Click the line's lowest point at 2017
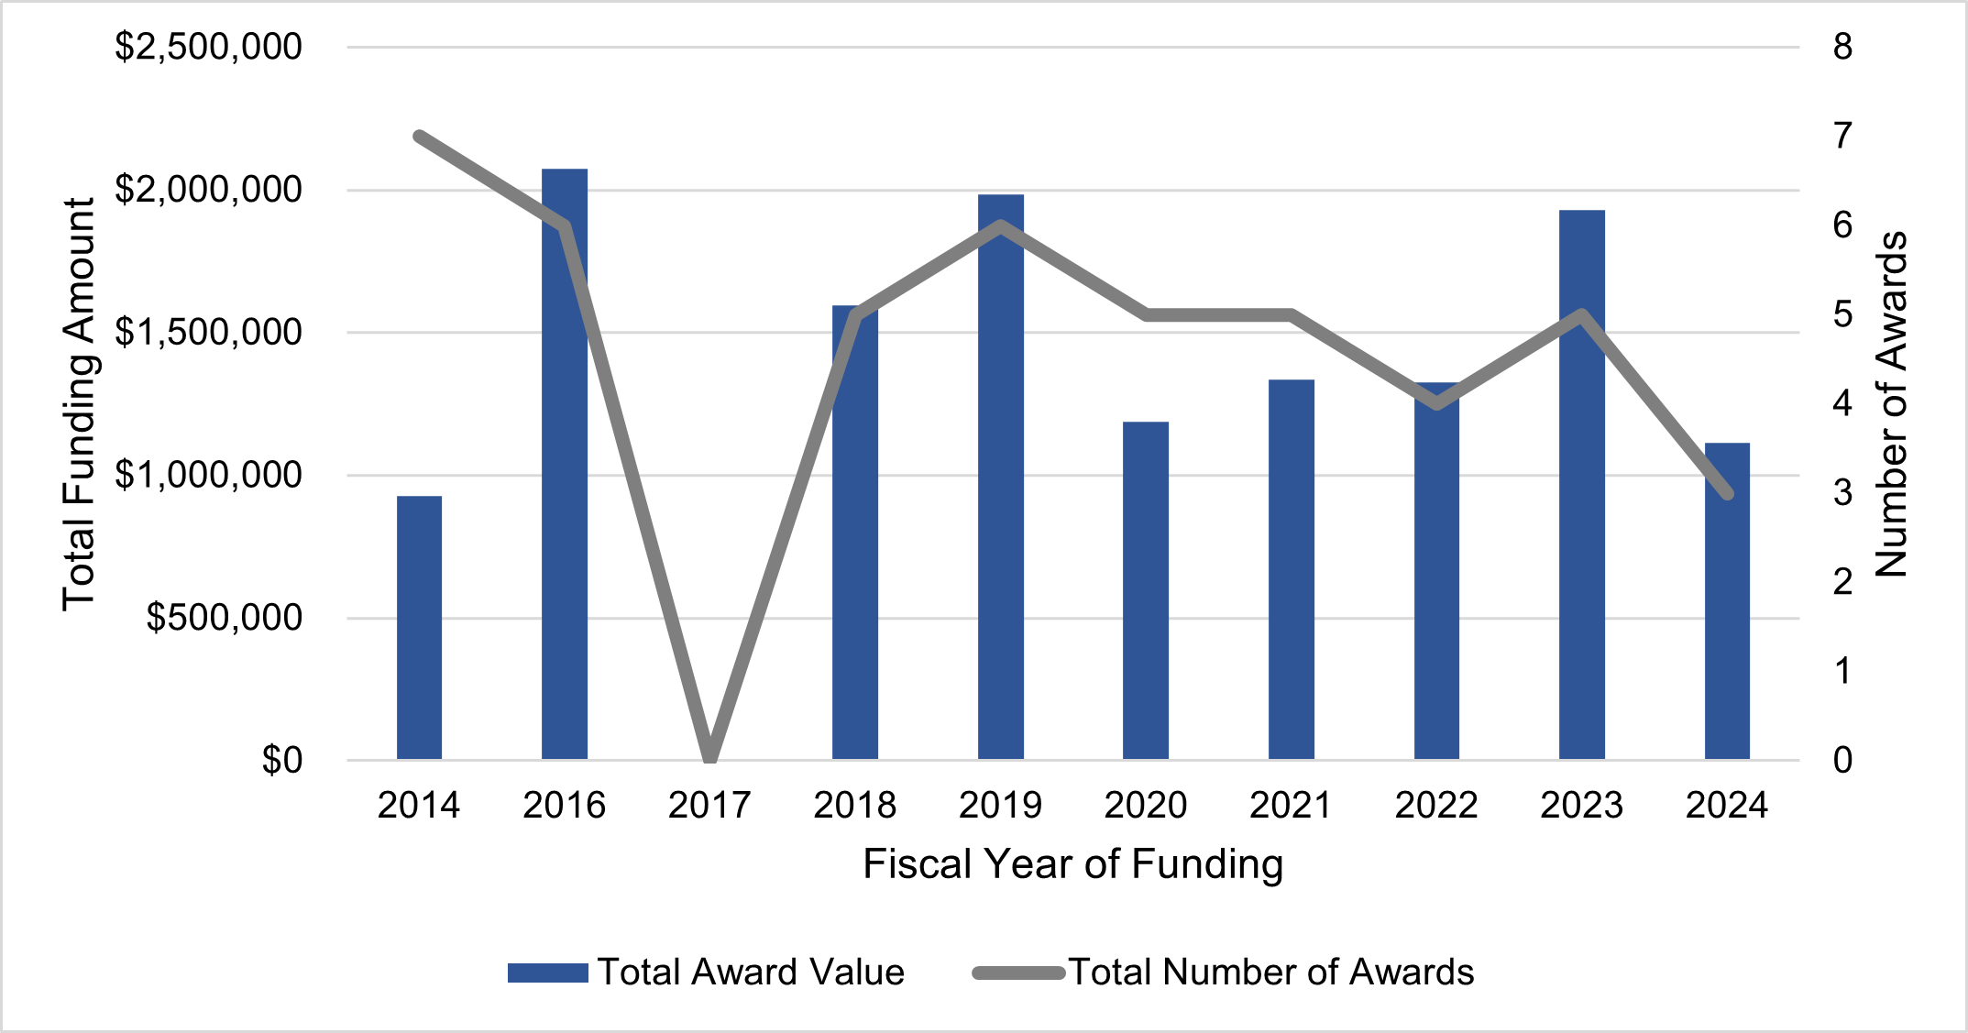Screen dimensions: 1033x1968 point(709,758)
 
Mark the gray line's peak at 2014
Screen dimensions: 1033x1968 point(419,137)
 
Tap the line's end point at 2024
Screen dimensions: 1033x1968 point(1728,493)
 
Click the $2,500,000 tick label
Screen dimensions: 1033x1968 point(208,47)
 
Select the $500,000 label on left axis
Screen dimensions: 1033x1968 point(224,618)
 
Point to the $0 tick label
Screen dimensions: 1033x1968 point(281,760)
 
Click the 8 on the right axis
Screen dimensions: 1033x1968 point(1842,47)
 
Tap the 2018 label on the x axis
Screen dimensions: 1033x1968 point(854,806)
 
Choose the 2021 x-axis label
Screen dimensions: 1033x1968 point(1291,806)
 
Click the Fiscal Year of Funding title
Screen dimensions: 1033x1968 point(1072,864)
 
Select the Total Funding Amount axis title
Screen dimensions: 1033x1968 point(79,403)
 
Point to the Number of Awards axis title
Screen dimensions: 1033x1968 point(1890,403)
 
